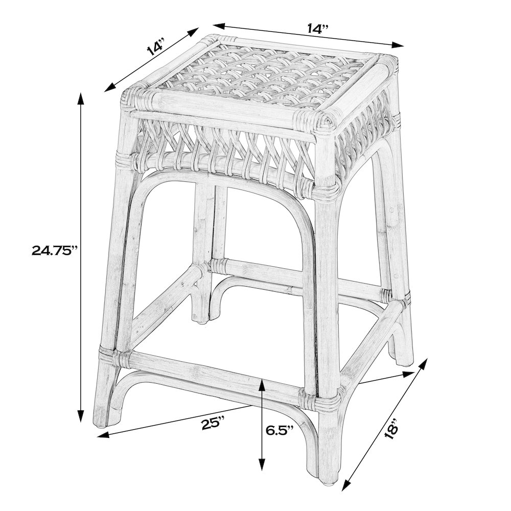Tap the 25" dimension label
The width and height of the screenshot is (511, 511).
(213, 423)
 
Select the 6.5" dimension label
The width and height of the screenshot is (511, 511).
(280, 429)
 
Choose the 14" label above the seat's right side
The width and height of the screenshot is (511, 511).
(317, 29)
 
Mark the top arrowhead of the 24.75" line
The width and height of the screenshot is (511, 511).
(80, 96)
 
